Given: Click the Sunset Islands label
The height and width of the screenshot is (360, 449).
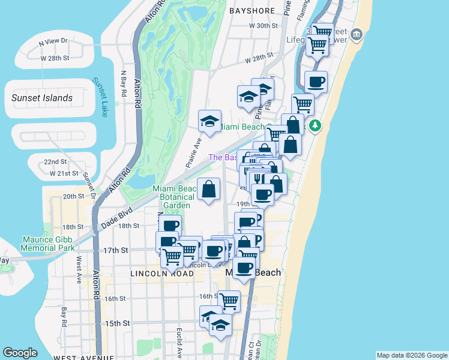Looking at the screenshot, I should pyautogui.click(x=42, y=98).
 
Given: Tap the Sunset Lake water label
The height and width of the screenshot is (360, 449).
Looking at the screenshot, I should pyautogui.click(x=100, y=97).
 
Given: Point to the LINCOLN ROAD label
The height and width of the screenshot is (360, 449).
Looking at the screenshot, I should pyautogui.click(x=162, y=274).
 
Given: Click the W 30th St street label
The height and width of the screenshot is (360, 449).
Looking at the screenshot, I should pyautogui.click(x=264, y=26).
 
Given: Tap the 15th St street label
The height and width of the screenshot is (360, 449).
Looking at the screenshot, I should pyautogui.click(x=118, y=323).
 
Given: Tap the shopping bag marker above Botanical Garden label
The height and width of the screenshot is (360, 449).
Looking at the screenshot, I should pyautogui.click(x=208, y=189).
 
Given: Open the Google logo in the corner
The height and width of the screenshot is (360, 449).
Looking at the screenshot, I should pyautogui.click(x=20, y=353).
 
